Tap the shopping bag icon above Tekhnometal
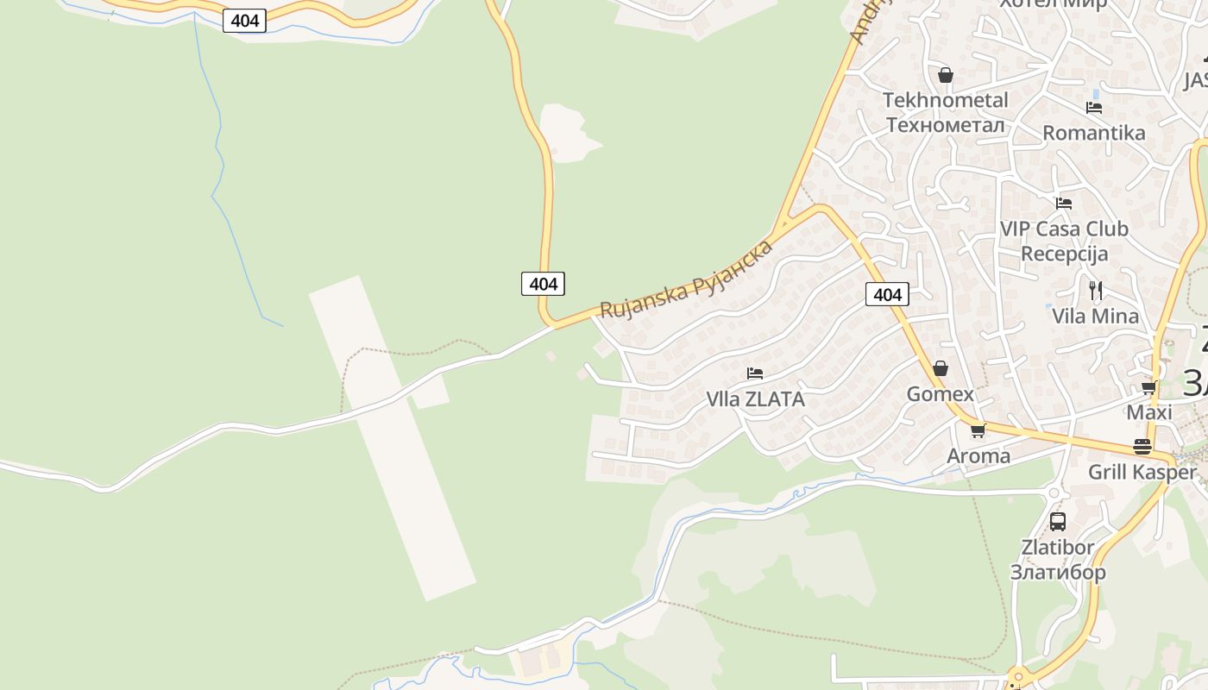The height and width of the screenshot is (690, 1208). pyautogui.click(x=946, y=75)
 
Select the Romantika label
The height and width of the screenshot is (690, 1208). pyautogui.click(x=1093, y=133)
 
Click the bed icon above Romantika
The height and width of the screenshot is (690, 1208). pyautogui.click(x=1094, y=107)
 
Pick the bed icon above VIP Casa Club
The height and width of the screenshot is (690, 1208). pyautogui.click(x=1064, y=203)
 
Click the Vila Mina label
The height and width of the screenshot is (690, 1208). pyautogui.click(x=1095, y=316)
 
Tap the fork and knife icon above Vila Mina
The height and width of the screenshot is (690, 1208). pyautogui.click(x=1096, y=290)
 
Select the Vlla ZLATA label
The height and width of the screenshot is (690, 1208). pyautogui.click(x=755, y=399)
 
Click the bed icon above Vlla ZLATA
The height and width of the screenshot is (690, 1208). pyautogui.click(x=755, y=373)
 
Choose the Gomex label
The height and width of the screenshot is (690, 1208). pyautogui.click(x=940, y=394)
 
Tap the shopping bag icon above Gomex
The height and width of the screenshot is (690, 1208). pyautogui.click(x=941, y=368)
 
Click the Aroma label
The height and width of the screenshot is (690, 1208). pyautogui.click(x=978, y=455)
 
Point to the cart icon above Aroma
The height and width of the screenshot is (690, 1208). pyautogui.click(x=978, y=430)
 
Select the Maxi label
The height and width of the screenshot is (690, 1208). pyautogui.click(x=1148, y=412)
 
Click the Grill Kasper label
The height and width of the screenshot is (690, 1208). pyautogui.click(x=1142, y=472)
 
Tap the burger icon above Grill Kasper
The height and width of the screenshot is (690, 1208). pyautogui.click(x=1142, y=446)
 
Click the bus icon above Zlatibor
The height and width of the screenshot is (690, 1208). pyautogui.click(x=1058, y=521)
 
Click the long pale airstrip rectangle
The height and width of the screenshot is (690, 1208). pyautogui.click(x=393, y=438)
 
